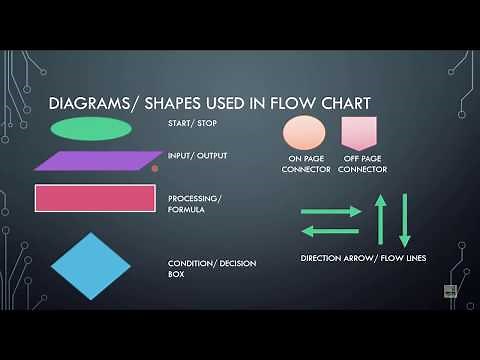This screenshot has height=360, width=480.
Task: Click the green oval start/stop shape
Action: coord(90,129)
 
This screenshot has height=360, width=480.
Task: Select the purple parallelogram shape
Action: coord(97,160)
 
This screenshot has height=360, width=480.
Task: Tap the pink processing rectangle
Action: coord(95,198)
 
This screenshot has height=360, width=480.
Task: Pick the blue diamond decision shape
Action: coord(91,266)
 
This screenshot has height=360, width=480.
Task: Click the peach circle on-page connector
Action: coord(304,132)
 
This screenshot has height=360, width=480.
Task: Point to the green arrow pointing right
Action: coord(331,211)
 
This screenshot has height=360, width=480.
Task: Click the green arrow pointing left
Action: coord(331,231)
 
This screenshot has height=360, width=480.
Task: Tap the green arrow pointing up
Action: coord(380,220)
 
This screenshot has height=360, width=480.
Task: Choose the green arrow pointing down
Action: coord(405,220)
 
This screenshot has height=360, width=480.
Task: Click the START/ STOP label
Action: coord(193,124)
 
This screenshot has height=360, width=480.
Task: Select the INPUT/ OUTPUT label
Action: coord(197,156)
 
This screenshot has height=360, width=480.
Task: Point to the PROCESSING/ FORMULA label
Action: coord(195,203)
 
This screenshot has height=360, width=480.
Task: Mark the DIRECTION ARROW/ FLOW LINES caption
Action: coord(363,258)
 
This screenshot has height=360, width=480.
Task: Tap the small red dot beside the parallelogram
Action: coord(155,169)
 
